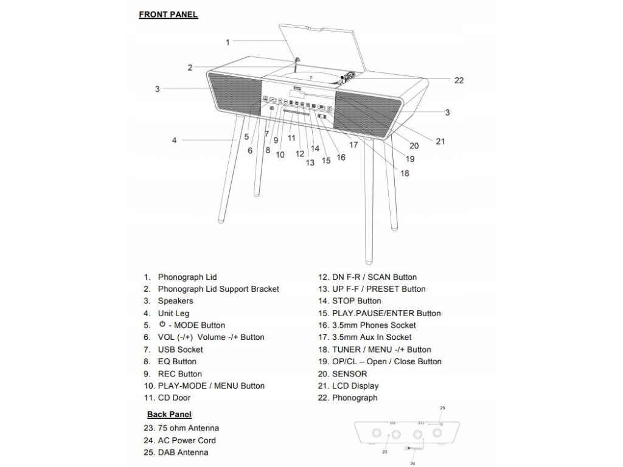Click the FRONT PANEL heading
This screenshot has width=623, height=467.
(169, 15)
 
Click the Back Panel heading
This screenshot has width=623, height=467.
(170, 415)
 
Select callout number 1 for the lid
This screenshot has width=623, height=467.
(228, 42)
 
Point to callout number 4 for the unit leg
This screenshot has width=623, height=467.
(174, 140)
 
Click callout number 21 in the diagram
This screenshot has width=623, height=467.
(440, 141)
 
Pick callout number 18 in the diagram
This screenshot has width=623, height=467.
(405, 173)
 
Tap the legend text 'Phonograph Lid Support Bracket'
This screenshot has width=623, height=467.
(218, 289)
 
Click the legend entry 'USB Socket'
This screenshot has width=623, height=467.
(180, 350)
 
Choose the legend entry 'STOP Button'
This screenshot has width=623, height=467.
(357, 301)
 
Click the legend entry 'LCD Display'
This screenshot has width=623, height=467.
(355, 386)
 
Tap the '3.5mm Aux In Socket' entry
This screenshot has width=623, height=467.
(371, 337)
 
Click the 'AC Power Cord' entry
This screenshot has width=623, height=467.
(187, 440)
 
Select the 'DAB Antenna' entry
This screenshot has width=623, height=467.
(183, 452)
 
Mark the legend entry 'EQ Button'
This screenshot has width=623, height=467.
(177, 362)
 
